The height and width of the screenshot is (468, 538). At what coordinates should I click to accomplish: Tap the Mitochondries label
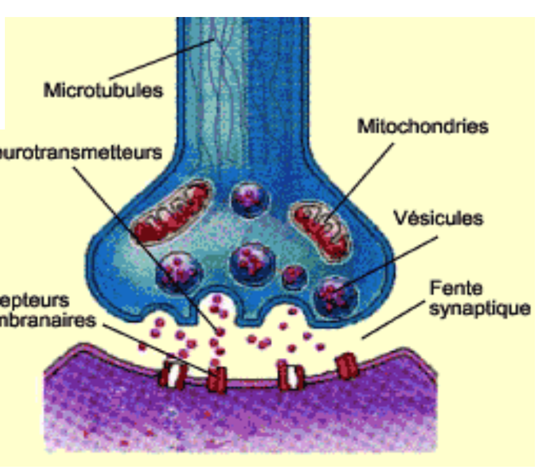423,127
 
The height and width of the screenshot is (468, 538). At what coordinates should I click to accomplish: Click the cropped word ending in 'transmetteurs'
82,151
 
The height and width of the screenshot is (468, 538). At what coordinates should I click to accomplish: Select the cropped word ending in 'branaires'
48,320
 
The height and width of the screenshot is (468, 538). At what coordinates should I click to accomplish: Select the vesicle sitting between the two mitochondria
250,199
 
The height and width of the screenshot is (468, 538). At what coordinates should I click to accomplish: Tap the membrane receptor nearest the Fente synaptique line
347,366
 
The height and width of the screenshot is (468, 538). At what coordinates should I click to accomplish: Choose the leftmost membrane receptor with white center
172,375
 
